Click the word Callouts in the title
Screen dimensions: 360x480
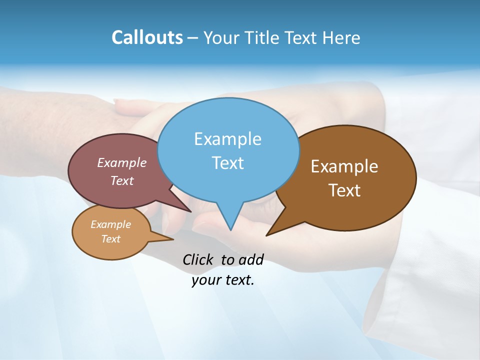(147, 37)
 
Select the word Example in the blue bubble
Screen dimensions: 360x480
(227, 139)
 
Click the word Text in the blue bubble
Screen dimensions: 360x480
(227, 163)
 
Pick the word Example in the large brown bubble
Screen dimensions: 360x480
(344, 166)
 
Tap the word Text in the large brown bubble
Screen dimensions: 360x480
(344, 190)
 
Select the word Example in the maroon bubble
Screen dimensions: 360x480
(121, 162)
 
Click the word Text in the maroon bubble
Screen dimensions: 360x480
(121, 180)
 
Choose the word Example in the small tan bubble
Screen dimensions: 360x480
(110, 224)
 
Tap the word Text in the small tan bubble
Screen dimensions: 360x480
(110, 239)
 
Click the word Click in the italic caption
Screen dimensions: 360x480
(199, 259)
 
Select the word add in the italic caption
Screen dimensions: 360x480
(251, 259)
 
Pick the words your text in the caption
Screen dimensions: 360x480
(223, 280)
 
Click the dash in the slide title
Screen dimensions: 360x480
(193, 38)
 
